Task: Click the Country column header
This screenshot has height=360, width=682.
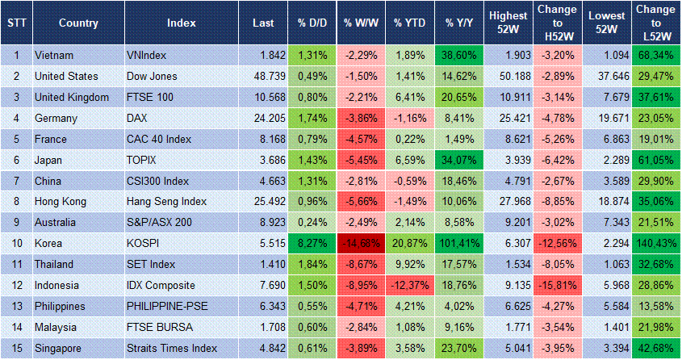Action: (78, 23)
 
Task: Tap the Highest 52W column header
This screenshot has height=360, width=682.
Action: (508, 23)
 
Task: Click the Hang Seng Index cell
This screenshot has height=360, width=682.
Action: (166, 202)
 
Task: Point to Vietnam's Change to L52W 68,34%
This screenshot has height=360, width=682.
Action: (657, 56)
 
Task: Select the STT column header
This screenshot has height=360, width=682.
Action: (15, 23)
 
